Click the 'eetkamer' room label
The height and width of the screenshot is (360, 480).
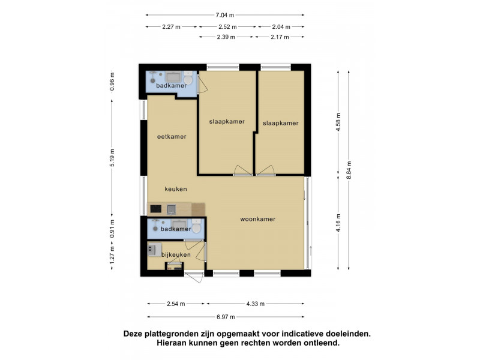pos(172,136)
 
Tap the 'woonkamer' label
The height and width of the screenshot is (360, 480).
pos(257,219)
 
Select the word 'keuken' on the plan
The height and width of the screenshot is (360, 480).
pos(176,188)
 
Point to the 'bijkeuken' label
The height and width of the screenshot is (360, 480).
pos(176,255)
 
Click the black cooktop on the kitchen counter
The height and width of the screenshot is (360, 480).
pos(156,209)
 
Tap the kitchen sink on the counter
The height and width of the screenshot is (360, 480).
pos(172,209)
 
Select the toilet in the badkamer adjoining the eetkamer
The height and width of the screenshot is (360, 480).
pos(188,79)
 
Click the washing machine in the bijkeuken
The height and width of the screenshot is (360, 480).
pos(152,248)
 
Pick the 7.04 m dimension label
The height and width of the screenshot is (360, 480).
pos(224,15)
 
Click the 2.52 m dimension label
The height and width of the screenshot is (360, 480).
pos(227,26)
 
